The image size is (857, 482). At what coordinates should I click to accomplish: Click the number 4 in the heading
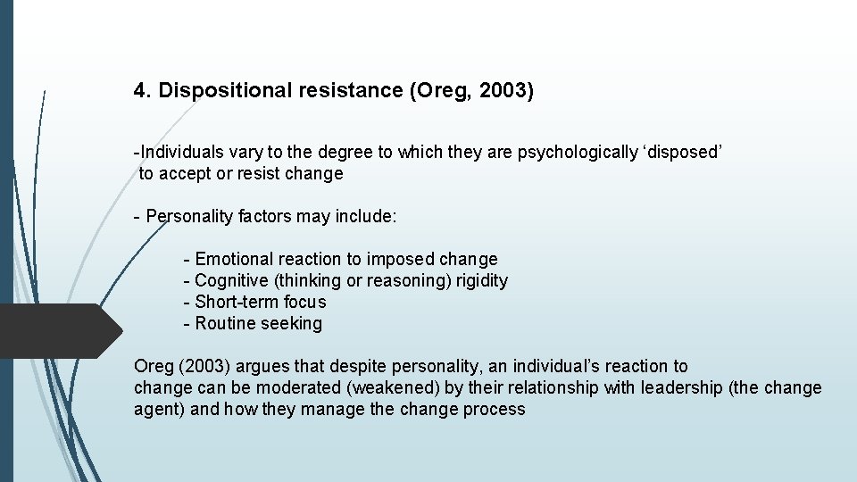point(139,90)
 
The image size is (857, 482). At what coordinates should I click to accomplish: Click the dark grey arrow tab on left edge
point(58,330)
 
